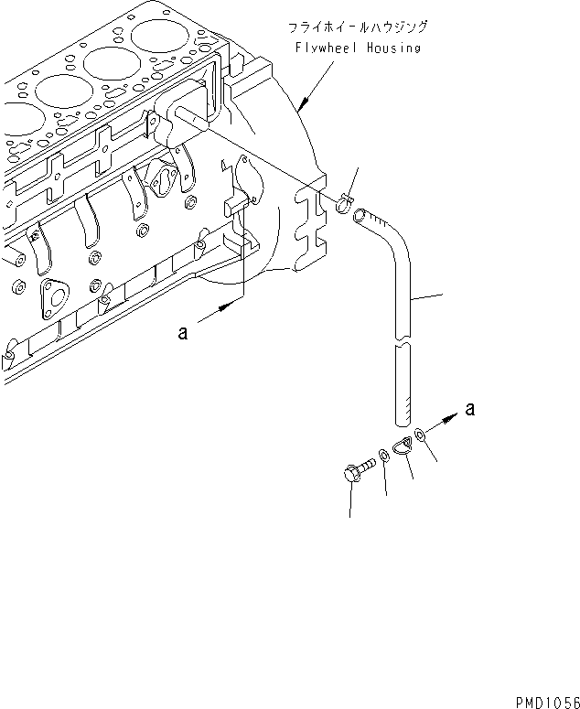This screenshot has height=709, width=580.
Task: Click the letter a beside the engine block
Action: (x=183, y=334)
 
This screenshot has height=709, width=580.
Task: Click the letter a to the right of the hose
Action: (x=469, y=409)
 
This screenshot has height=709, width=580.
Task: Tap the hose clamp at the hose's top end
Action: (x=343, y=202)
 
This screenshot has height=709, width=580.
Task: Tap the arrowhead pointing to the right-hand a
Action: (x=450, y=417)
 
